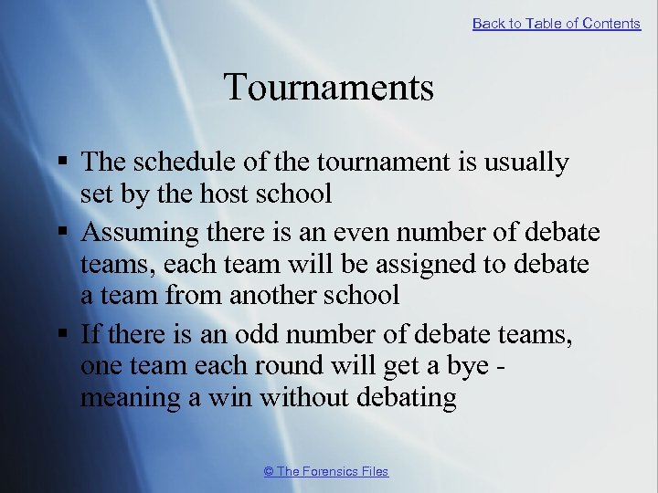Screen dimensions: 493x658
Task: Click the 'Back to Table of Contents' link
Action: tap(556, 24)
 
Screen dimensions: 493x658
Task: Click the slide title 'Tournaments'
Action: tap(328, 88)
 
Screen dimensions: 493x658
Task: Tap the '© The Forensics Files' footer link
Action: tap(325, 471)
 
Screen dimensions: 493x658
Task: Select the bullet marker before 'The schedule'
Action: tap(61, 163)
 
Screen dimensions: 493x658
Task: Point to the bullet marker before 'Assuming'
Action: tap(61, 234)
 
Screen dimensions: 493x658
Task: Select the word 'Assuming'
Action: tap(138, 234)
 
